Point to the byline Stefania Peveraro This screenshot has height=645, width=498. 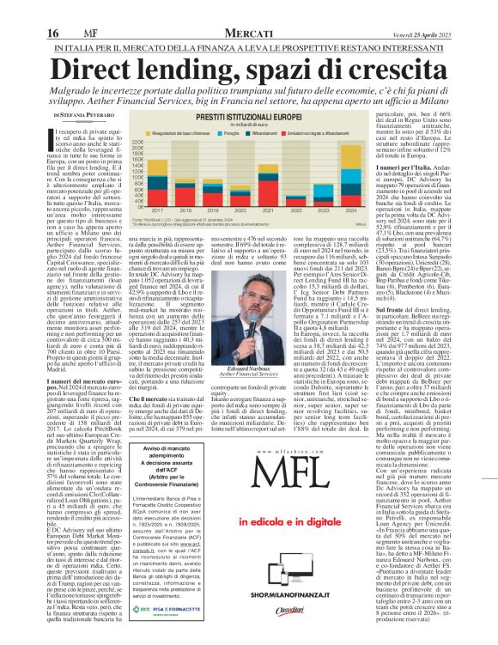point(87,113)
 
